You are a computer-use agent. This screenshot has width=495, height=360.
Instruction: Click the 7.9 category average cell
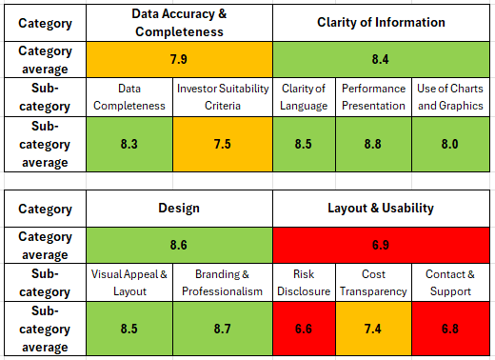click(178, 59)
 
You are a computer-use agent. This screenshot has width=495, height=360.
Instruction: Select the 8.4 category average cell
click(380, 59)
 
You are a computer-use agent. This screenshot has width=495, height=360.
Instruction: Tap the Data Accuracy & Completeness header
click(178, 23)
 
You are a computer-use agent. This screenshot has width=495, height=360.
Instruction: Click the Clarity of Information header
click(380, 23)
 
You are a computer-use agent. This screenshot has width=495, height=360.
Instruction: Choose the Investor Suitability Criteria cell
click(224, 97)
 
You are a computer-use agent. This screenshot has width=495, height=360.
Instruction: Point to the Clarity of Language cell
click(304, 97)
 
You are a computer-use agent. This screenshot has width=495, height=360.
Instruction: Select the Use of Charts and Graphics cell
click(449, 97)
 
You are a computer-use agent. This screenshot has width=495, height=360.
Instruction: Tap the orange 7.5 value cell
click(224, 144)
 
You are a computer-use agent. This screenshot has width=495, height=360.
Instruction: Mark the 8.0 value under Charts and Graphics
click(449, 144)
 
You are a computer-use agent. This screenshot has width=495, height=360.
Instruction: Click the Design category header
click(178, 208)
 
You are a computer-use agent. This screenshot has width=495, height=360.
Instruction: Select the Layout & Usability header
click(380, 208)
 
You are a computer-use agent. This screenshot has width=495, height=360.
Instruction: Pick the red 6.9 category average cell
click(380, 245)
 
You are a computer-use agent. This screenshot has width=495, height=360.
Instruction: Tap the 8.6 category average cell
click(178, 245)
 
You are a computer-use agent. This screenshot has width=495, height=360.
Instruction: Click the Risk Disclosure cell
click(304, 283)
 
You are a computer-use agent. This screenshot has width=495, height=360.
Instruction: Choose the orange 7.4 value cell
click(371, 329)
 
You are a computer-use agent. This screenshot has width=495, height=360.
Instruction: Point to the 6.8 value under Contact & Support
click(449, 329)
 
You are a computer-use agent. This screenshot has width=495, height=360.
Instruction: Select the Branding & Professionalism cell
click(224, 283)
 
